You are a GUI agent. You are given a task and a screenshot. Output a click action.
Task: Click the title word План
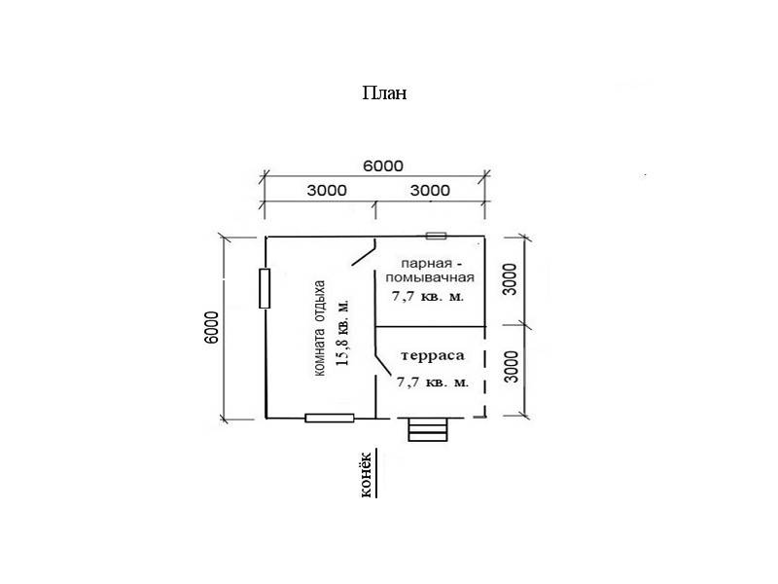click(384, 92)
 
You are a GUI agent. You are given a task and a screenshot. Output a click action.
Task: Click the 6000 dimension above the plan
click(383, 165)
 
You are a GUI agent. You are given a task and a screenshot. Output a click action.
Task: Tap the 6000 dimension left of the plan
click(211, 327)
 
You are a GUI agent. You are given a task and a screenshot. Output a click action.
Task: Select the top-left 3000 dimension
click(327, 190)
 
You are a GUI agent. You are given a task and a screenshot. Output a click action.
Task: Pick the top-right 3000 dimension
click(430, 190)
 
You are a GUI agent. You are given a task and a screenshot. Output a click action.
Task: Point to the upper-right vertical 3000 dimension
click(510, 279)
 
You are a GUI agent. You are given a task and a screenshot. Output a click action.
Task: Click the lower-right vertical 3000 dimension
click(512, 367)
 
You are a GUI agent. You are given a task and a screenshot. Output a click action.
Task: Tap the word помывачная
click(430, 277)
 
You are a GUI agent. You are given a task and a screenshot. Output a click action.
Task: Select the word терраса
click(432, 355)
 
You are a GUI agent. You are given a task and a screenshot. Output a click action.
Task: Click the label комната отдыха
click(320, 328)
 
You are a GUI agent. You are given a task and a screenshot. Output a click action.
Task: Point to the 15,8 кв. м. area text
click(343, 332)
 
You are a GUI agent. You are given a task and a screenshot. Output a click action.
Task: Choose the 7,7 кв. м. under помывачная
click(428, 297)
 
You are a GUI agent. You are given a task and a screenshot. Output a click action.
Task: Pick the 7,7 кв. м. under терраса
click(433, 383)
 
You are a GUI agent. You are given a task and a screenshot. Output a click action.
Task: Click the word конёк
click(366, 475)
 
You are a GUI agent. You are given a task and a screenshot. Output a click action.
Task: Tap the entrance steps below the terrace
click(428, 429)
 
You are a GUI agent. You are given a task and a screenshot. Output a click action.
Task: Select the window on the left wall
click(265, 288)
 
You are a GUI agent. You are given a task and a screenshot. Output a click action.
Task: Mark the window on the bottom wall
click(330, 419)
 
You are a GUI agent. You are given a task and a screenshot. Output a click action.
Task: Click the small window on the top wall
click(436, 236)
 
